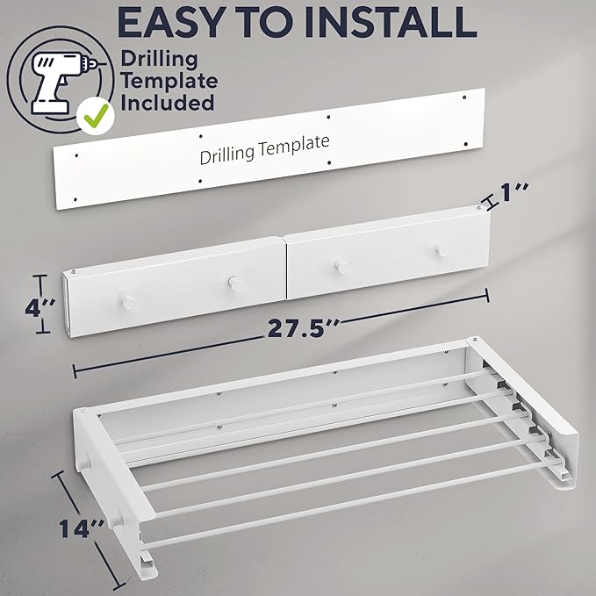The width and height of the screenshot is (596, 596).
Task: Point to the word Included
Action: click(x=169, y=103)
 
